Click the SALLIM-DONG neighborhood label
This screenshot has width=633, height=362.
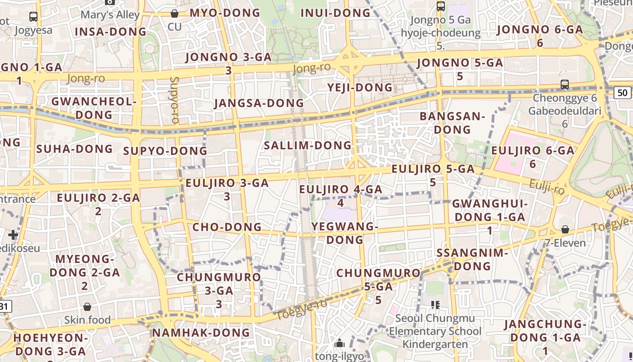307,145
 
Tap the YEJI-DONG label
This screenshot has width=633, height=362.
360,87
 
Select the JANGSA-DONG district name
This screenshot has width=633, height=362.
259,103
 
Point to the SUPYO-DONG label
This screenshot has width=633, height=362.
165,151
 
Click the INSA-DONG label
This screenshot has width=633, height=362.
111,32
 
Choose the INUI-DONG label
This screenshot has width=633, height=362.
335,13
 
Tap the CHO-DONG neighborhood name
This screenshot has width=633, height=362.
227,227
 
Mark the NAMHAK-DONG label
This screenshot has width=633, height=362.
201,333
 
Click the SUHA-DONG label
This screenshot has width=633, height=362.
75,149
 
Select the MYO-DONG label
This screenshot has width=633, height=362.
225,13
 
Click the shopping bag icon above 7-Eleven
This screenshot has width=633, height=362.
565,229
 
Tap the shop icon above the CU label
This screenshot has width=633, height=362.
175,14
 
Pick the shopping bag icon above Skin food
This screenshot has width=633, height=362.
87,307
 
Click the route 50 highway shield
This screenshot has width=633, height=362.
623,93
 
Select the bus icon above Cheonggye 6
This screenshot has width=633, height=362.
564,84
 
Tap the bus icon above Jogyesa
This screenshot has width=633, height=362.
33,17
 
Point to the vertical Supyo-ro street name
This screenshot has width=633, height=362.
175,100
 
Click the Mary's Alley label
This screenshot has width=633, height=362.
110,15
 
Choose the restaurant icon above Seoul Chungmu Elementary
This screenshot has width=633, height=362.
435,305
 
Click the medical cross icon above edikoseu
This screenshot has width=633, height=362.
13,235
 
